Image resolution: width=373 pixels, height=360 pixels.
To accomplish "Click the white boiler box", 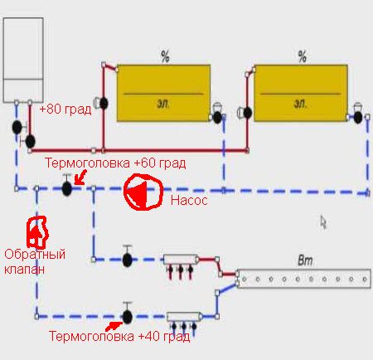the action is pos(23,61).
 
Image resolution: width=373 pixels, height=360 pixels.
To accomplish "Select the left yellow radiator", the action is pos(163,93).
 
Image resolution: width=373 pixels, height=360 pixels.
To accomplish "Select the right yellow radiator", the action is pos(301,93).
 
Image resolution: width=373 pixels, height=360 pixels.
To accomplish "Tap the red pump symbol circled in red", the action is pos(143,192).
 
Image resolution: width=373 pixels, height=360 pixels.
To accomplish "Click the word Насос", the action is pos(189,200).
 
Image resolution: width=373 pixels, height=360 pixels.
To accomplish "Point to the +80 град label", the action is pos(65,109).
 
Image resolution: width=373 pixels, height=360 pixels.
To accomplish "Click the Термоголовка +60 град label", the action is pos(115,163).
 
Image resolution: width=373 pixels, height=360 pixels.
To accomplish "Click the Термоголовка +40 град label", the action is pos(119,337).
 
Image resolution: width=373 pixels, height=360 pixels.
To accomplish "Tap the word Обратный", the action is pos(35,254).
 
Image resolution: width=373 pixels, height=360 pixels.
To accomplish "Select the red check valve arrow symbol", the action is pos(36,232).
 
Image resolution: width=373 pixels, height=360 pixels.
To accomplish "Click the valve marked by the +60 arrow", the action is pos(67,188).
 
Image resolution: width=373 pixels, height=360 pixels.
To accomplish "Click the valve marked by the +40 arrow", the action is pos(128,317).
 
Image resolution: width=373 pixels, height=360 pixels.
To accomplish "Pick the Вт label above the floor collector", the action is pos(305,260).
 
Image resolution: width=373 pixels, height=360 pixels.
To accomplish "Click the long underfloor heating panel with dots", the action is pos(304,279).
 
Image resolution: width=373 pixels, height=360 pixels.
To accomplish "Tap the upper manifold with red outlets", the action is pos(181,260).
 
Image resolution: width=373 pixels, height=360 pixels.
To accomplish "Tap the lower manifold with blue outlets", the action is pos(184,317).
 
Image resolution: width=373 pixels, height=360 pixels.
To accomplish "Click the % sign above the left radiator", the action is pos(165,56).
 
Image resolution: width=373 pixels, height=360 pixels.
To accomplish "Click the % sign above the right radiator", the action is pos(303,56).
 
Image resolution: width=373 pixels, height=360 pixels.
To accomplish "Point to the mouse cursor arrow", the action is pos(323,222).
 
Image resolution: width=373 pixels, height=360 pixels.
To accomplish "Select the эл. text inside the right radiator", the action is pos(300,104).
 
